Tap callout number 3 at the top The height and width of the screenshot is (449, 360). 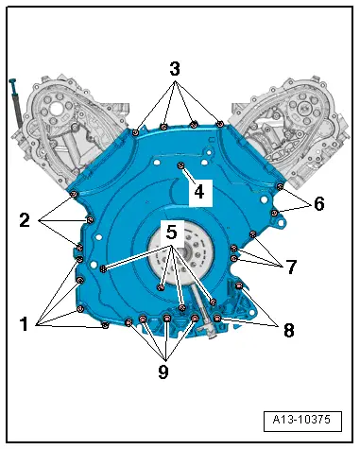174,69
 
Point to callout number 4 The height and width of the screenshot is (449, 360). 197,190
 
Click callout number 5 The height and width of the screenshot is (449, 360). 170,230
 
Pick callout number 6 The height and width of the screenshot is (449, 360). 318,203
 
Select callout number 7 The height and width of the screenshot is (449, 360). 291,268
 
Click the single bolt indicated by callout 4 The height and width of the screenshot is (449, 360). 180,166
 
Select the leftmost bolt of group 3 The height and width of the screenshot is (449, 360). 136,132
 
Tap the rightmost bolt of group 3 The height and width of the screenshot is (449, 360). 219,123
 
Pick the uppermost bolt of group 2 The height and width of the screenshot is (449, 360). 74,194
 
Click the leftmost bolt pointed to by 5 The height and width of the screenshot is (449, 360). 103,269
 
